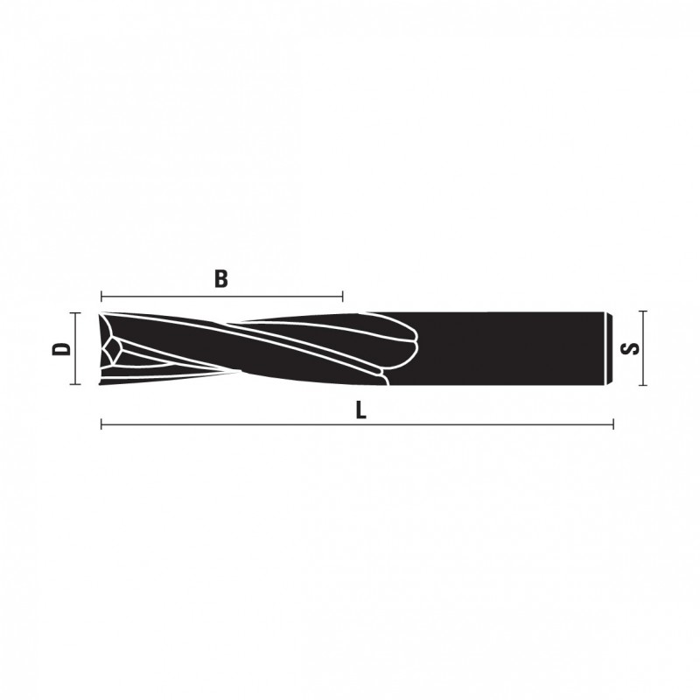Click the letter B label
coord(221,278)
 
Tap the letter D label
coord(61,348)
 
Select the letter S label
coord(630,348)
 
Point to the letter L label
coord(361,410)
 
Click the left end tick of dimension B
coord(101,296)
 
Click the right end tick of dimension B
coord(342,296)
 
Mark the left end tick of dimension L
coord(101,424)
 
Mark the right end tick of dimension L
coord(613,424)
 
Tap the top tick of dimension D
coord(75,313)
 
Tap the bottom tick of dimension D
coord(75,384)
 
